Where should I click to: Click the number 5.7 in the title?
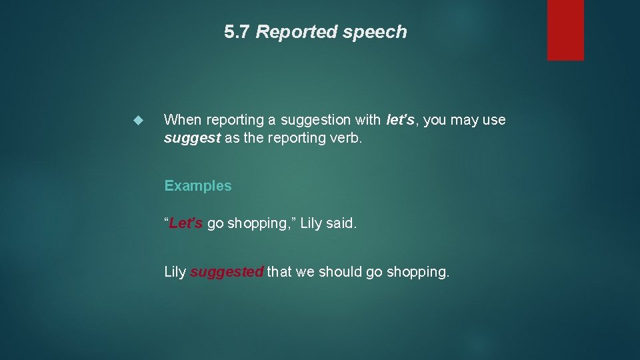click(237, 32)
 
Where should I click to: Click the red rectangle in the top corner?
click(565, 30)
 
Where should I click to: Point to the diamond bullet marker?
click(139, 121)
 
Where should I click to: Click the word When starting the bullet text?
click(183, 120)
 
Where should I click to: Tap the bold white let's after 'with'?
click(401, 120)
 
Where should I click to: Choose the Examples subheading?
click(198, 186)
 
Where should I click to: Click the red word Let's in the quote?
click(185, 223)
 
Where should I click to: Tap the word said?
click(341, 223)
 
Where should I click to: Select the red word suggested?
click(227, 272)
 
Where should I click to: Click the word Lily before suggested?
click(175, 272)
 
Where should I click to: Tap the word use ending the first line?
click(493, 120)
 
